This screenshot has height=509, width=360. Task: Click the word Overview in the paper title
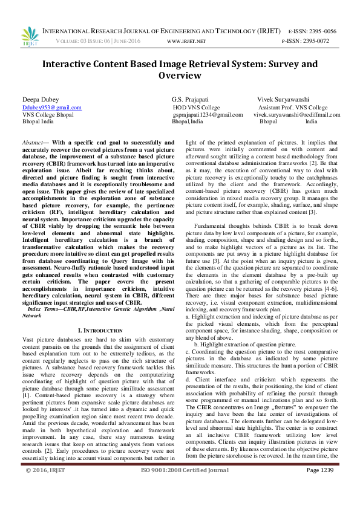tap(180, 76)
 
